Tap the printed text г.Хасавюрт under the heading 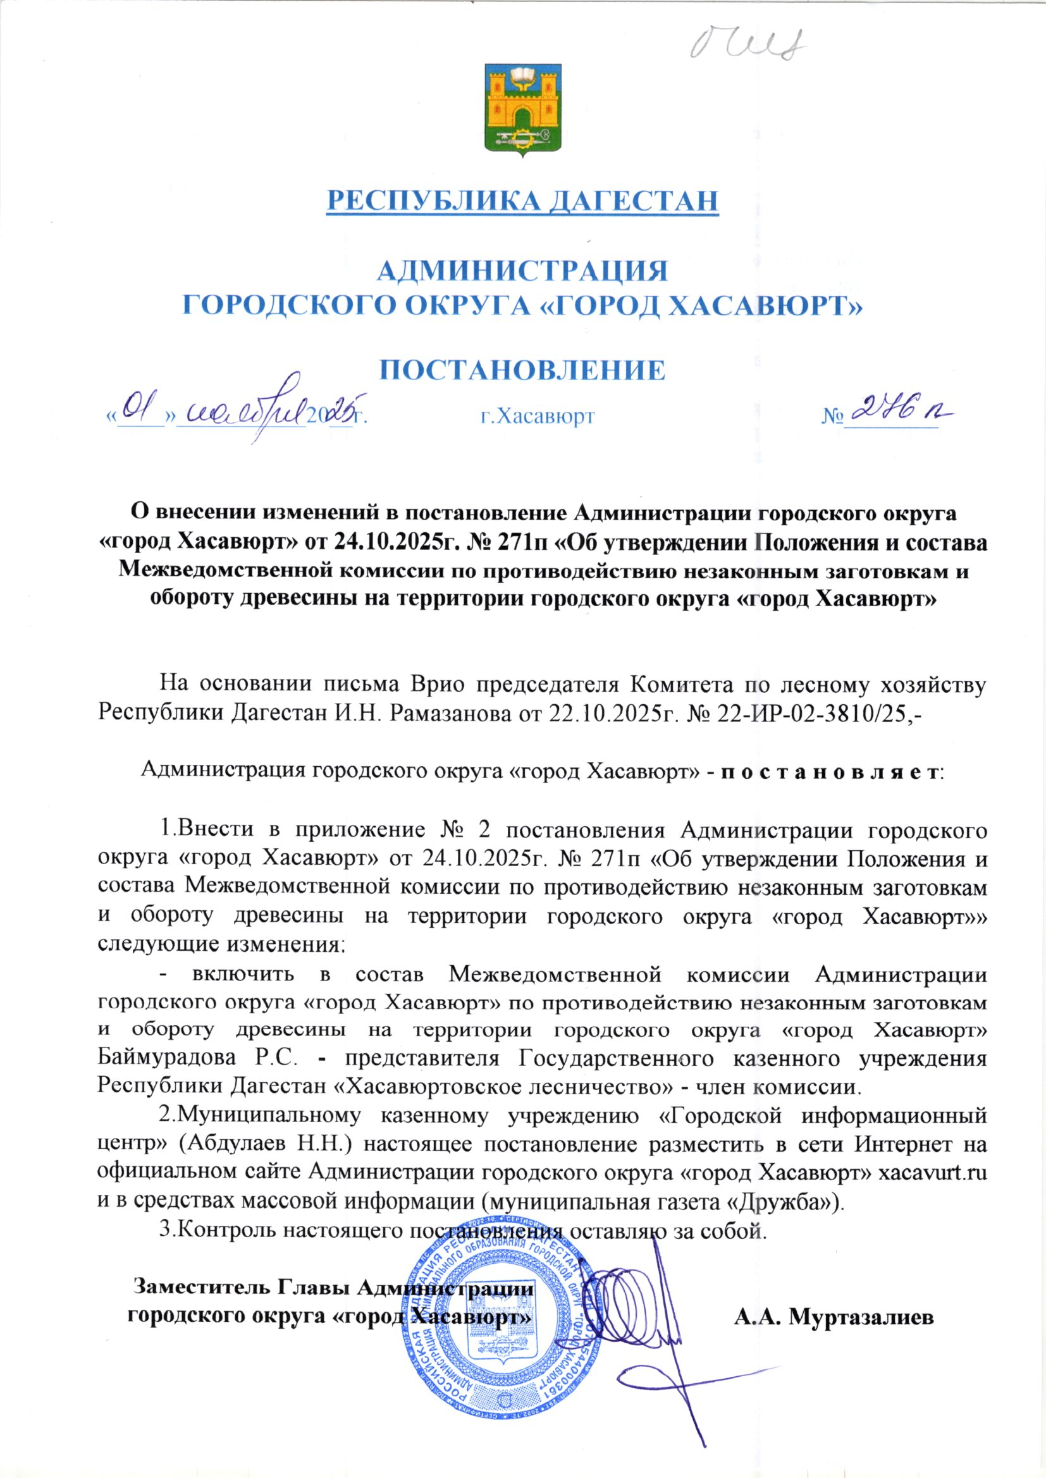pyautogui.click(x=538, y=417)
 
